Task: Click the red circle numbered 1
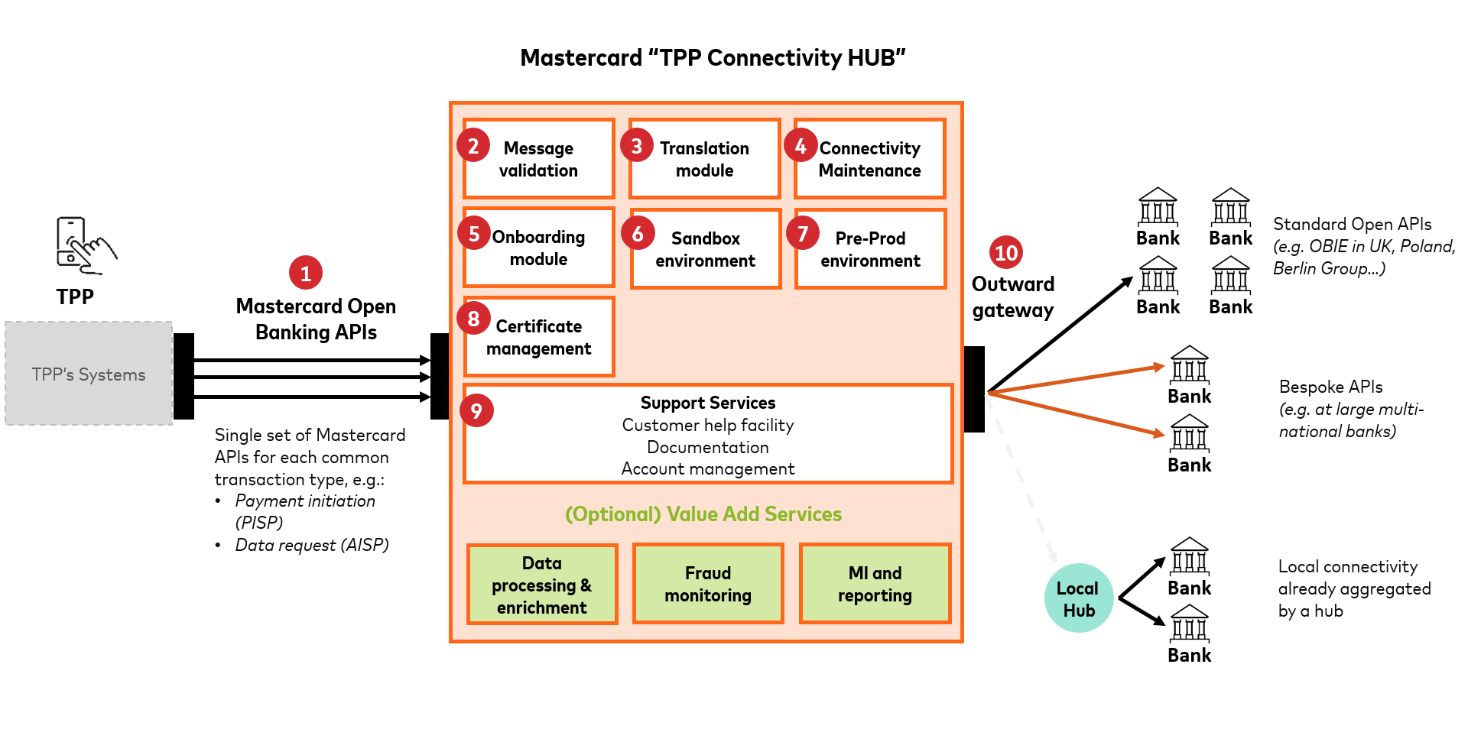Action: pyautogui.click(x=306, y=273)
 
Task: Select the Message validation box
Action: pyautogui.click(x=539, y=160)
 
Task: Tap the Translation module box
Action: pyautogui.click(x=705, y=160)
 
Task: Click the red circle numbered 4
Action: pyautogui.click(x=801, y=146)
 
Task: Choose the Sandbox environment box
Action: pyautogui.click(x=705, y=249)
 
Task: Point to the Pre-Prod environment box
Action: pyautogui.click(x=870, y=249)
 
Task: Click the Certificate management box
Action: pyautogui.click(x=539, y=338)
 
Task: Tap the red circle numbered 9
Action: pyautogui.click(x=476, y=410)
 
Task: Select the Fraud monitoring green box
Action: pyautogui.click(x=708, y=584)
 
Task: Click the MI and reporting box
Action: pyautogui.click(x=875, y=584)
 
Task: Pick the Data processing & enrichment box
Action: pyautogui.click(x=542, y=585)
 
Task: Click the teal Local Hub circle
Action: pyautogui.click(x=1078, y=598)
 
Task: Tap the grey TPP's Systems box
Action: pyautogui.click(x=89, y=374)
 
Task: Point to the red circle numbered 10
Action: pyautogui.click(x=1006, y=252)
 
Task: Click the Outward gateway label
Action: pyautogui.click(x=1013, y=297)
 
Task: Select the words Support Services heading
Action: pyautogui.click(x=707, y=403)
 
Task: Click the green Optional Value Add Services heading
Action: pyautogui.click(x=703, y=514)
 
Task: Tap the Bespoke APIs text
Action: pyautogui.click(x=1330, y=387)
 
